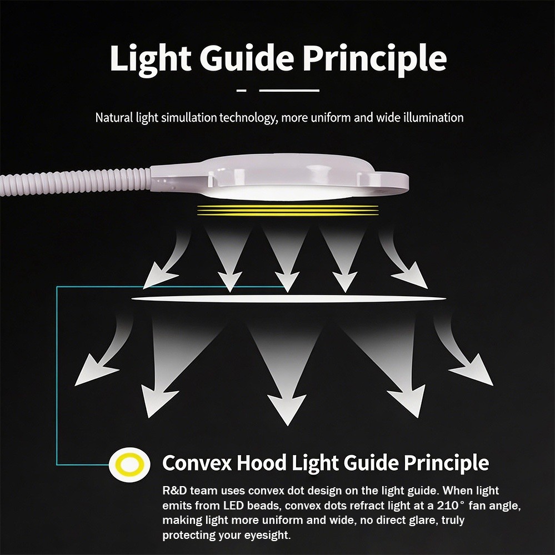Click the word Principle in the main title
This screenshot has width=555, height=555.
point(374,59)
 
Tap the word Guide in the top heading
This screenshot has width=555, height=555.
point(247,58)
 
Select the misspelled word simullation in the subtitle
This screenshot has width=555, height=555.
point(189,118)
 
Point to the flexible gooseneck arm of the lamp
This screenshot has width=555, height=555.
point(74,182)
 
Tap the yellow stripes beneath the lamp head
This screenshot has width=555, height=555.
point(288,210)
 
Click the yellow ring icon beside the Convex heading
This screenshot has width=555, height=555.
point(129,464)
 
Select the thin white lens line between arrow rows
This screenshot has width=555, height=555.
point(288,299)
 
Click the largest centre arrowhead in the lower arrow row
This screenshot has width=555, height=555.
point(287,408)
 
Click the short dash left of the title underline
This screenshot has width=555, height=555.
point(242,91)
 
